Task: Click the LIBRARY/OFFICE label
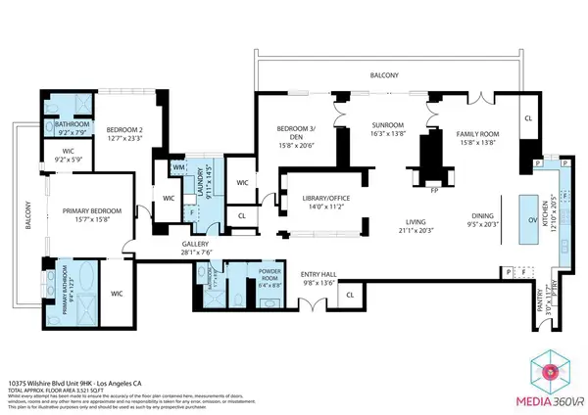point(310,200)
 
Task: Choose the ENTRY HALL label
point(318,276)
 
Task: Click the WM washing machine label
point(178,168)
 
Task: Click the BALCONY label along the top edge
point(384,74)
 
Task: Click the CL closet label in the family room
point(527,117)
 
